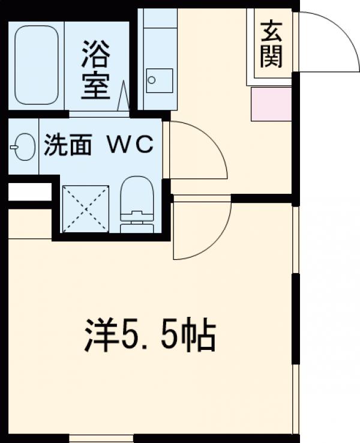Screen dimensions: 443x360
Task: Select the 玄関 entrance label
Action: [x=271, y=43]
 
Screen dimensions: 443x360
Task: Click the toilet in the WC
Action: [x=137, y=204]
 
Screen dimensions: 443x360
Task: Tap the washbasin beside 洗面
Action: [x=22, y=146]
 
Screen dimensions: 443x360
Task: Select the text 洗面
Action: [x=67, y=146]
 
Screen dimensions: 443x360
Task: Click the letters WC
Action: [x=130, y=145]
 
